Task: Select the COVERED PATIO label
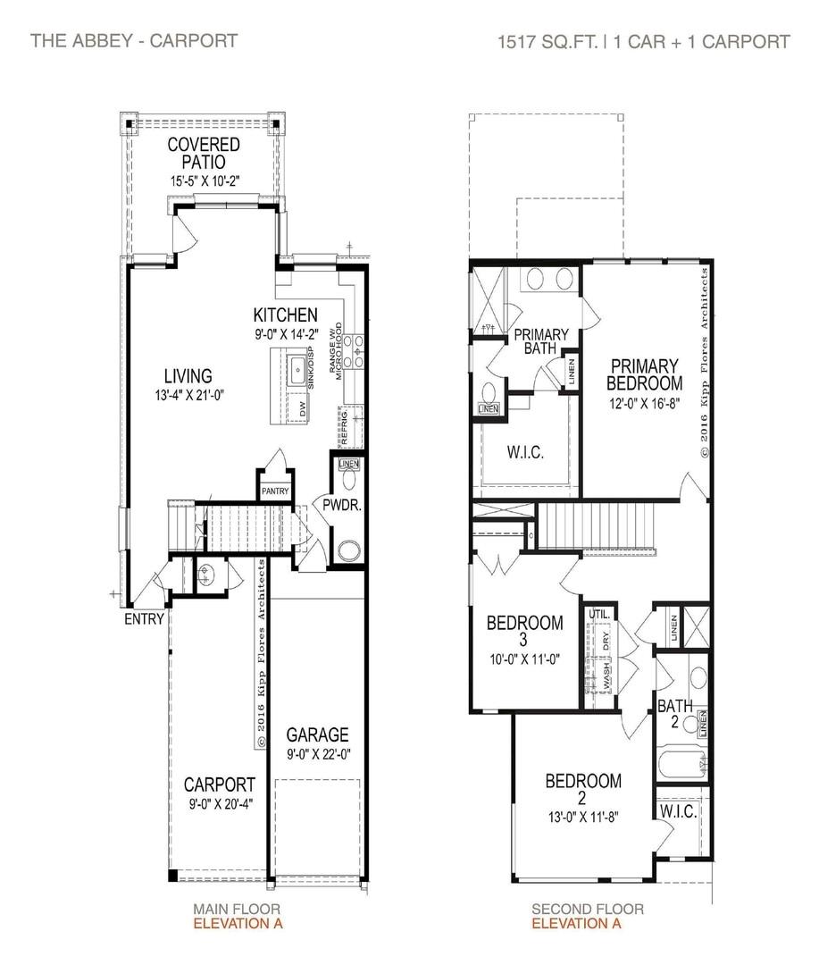(204, 153)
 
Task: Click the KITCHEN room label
(285, 315)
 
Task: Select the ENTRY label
(144, 619)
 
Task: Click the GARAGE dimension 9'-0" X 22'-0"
(317, 753)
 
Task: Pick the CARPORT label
(220, 785)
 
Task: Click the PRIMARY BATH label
(535, 341)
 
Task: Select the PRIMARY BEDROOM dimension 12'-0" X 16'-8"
(645, 402)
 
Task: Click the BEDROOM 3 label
(524, 631)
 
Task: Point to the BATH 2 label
(675, 713)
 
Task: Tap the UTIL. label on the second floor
(598, 615)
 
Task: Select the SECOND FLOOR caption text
(587, 910)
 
